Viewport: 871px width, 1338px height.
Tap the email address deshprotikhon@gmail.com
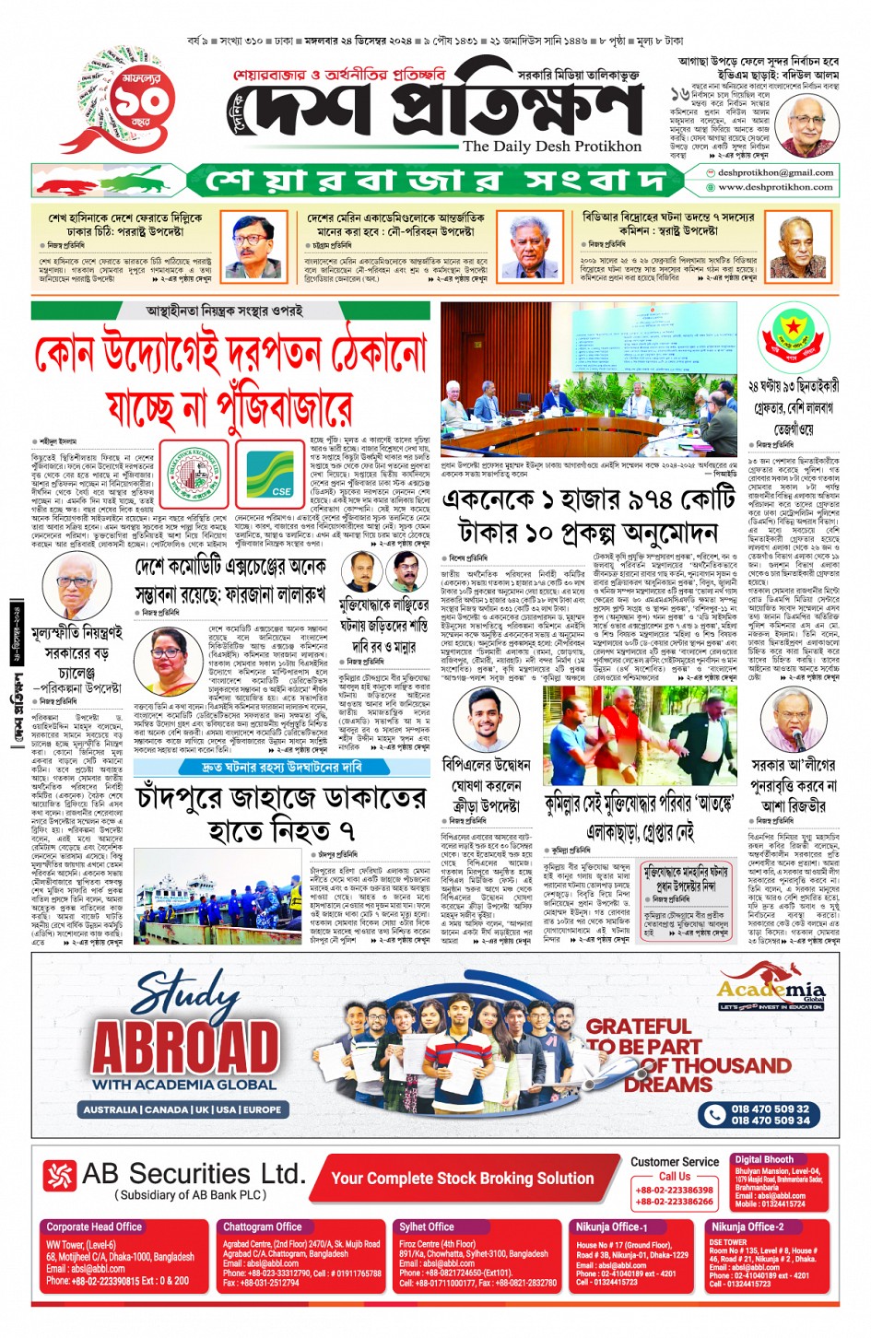tap(775, 172)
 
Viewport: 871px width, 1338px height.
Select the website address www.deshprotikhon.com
tap(775, 187)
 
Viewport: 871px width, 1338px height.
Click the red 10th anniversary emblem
tap(120, 100)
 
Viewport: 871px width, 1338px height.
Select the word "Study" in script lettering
tap(187, 994)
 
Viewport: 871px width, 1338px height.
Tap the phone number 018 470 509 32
tap(770, 1109)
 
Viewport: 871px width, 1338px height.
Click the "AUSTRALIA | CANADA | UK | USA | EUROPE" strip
tap(182, 1109)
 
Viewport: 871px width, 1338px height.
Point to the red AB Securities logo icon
tap(59, 1175)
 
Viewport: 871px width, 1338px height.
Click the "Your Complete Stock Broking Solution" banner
tap(462, 1178)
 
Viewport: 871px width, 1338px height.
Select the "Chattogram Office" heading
tap(263, 1226)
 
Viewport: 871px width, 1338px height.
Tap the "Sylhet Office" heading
tap(427, 1226)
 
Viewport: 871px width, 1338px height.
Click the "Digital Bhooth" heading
tap(763, 1159)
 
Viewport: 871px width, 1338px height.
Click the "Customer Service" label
tap(675, 1162)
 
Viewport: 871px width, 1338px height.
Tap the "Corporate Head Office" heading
tap(94, 1226)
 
